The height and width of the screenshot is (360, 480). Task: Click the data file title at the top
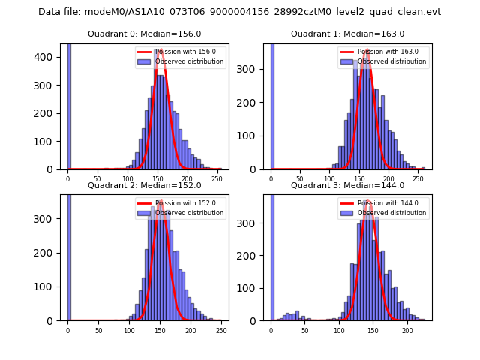(239, 12)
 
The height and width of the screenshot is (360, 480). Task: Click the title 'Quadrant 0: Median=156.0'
(144, 34)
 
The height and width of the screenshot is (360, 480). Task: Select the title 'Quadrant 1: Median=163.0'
(347, 34)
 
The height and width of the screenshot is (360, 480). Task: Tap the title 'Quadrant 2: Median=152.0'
(144, 185)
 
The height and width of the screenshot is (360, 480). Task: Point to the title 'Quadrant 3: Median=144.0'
(347, 185)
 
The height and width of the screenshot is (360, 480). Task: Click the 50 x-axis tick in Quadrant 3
(305, 331)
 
